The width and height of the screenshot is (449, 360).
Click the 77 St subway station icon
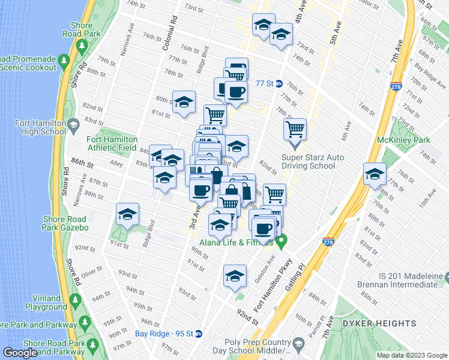coord(279,83)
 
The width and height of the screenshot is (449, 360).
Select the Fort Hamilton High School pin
coord(74,126)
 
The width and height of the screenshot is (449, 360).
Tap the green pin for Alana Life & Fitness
coord(280,241)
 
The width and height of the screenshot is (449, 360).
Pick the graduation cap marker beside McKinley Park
coord(375,174)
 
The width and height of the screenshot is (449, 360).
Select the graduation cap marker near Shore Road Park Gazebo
coord(127,215)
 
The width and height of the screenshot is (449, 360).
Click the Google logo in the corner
coord(21,353)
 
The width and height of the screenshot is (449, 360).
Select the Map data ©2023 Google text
coord(411,355)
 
